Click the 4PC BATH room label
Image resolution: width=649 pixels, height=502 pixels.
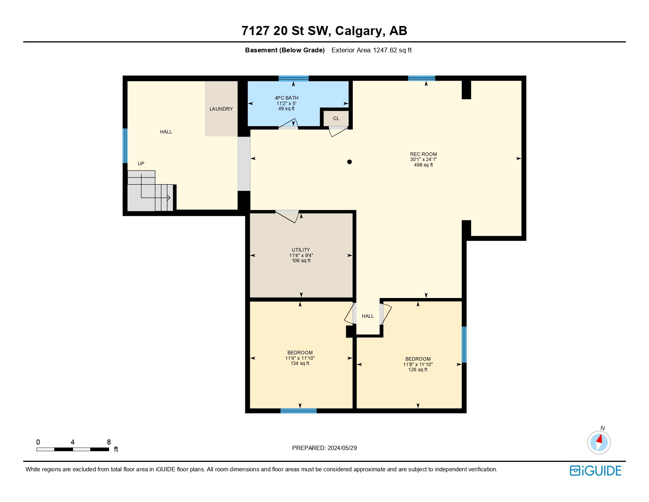[286, 98]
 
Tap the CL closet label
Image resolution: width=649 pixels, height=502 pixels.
[336, 119]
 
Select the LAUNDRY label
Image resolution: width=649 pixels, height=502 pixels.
[221, 109]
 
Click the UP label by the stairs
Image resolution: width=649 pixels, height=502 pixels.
[141, 164]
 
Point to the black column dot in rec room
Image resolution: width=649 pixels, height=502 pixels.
[349, 162]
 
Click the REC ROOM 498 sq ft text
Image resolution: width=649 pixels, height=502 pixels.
[423, 165]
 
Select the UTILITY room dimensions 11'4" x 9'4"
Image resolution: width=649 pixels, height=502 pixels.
[301, 256]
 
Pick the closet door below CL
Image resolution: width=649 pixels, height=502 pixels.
[337, 131]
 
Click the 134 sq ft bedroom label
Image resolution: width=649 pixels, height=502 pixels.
[300, 363]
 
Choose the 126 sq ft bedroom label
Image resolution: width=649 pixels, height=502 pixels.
[418, 370]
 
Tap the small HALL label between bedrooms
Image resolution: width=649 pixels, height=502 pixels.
[368, 316]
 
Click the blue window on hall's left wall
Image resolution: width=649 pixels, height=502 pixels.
[125, 146]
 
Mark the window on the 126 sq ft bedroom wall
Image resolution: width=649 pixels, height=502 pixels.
[464, 345]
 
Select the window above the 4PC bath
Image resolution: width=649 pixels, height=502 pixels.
[293, 78]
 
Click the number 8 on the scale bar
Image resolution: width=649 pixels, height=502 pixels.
[109, 442]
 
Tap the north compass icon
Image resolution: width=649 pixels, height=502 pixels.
[599, 442]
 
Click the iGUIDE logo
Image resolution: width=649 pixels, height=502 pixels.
[596, 471]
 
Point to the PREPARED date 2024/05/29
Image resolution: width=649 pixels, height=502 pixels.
[342, 448]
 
